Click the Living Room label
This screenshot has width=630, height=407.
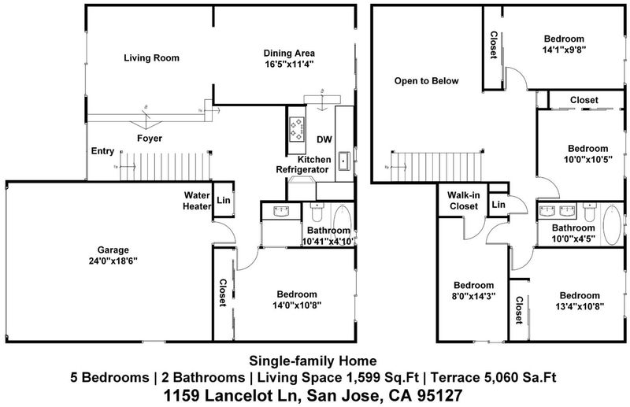tap(151, 57)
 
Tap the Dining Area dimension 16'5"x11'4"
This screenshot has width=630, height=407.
tap(289, 65)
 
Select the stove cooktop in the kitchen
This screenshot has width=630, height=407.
tap(297, 128)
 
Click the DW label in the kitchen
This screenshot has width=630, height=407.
tap(324, 139)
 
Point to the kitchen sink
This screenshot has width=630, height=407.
tap(344, 161)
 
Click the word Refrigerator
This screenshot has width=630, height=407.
tap(302, 169)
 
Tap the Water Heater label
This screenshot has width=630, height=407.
tap(198, 201)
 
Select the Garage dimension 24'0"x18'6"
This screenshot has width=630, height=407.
tap(113, 261)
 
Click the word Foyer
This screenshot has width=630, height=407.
tap(150, 139)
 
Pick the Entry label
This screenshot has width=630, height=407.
tap(102, 151)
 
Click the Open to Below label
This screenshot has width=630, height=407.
tap(426, 81)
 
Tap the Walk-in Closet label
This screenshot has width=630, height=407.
tap(464, 201)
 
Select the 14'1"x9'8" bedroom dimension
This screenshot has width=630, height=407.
tap(564, 50)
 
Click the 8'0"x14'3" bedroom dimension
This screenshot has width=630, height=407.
tap(474, 296)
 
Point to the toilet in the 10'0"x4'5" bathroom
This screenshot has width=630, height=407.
tap(589, 212)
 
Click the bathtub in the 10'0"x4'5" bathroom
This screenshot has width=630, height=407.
tap(612, 224)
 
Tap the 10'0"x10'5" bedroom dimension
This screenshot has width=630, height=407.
tap(587, 159)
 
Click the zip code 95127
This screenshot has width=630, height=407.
tap(440, 396)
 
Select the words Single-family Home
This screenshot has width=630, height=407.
tap(313, 361)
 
